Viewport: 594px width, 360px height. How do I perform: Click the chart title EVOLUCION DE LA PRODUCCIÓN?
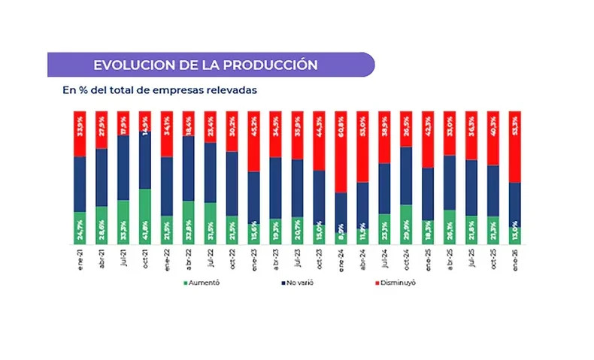coord(202,65)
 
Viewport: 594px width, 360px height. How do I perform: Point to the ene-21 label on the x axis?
coord(80,258)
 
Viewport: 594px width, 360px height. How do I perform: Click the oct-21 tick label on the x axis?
coord(145,258)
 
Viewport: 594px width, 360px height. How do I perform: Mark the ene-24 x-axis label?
coord(341,258)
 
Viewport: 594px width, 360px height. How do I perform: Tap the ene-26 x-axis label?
coord(515,258)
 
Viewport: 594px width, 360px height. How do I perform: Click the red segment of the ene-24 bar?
coord(341,150)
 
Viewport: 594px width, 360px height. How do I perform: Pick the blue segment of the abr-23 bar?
coord(275,188)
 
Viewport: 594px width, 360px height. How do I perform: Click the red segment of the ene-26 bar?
coord(514,147)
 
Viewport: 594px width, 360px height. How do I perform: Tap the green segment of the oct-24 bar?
coord(406,224)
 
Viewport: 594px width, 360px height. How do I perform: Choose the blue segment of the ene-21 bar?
coord(80,183)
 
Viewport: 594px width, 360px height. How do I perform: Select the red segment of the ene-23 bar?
coord(254,141)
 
